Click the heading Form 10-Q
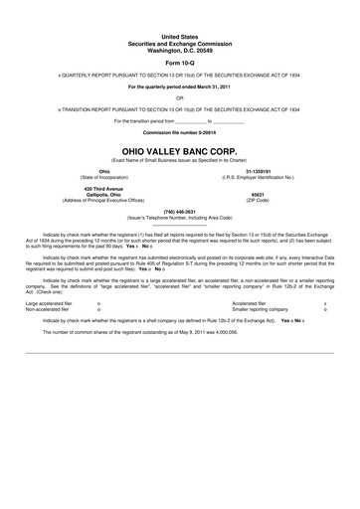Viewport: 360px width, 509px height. pyautogui.click(x=179, y=59)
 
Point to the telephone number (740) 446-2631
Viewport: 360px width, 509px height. pyautogui.click(x=179, y=212)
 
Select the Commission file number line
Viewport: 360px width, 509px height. pyautogui.click(x=179, y=131)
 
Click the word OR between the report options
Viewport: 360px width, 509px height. pyautogui.click(x=179, y=97)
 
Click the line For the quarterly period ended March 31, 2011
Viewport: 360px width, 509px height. pyautogui.click(x=179, y=86)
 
